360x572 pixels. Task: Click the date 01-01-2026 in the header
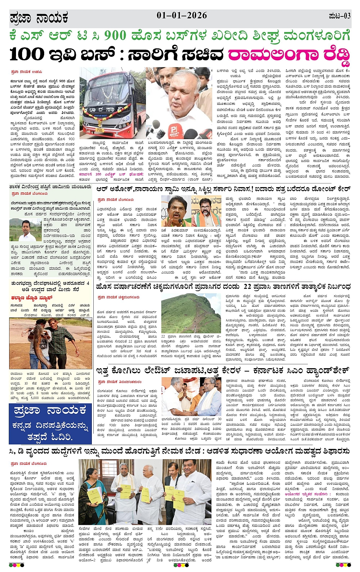tap(182, 15)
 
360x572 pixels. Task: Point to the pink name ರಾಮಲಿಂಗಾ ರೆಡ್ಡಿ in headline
tap(289, 55)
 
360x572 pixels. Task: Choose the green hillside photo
tap(191, 313)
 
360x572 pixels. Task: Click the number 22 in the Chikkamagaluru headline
tap(247, 286)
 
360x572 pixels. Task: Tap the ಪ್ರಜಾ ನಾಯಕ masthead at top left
tap(39, 18)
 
